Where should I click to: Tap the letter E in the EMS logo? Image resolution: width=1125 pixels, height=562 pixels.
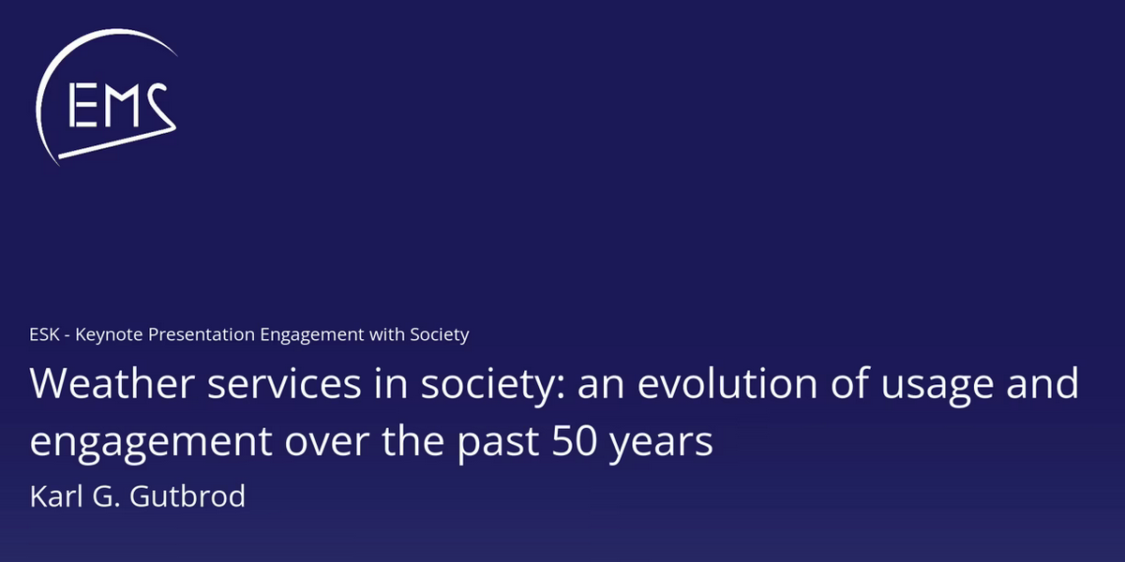[x=82, y=105]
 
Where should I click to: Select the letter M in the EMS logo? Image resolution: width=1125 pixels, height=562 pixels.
[x=122, y=105]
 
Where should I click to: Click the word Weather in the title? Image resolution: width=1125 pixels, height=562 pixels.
[x=112, y=383]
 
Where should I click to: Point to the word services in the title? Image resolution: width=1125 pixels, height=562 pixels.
[x=284, y=384]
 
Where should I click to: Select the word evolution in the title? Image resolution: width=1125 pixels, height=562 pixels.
[x=727, y=383]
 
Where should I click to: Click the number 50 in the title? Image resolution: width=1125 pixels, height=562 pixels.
[x=574, y=441]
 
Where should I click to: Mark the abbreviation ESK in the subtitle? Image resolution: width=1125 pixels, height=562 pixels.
[x=44, y=334]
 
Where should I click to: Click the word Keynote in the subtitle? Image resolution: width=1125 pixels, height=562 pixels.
[x=109, y=335]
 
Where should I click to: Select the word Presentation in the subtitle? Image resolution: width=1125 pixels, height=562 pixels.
[x=201, y=334]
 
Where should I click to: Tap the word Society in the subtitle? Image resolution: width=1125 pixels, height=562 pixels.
[x=440, y=335]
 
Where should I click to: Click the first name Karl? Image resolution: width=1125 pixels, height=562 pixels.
[x=56, y=495]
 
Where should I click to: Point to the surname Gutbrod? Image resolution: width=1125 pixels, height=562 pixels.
[x=187, y=495]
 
